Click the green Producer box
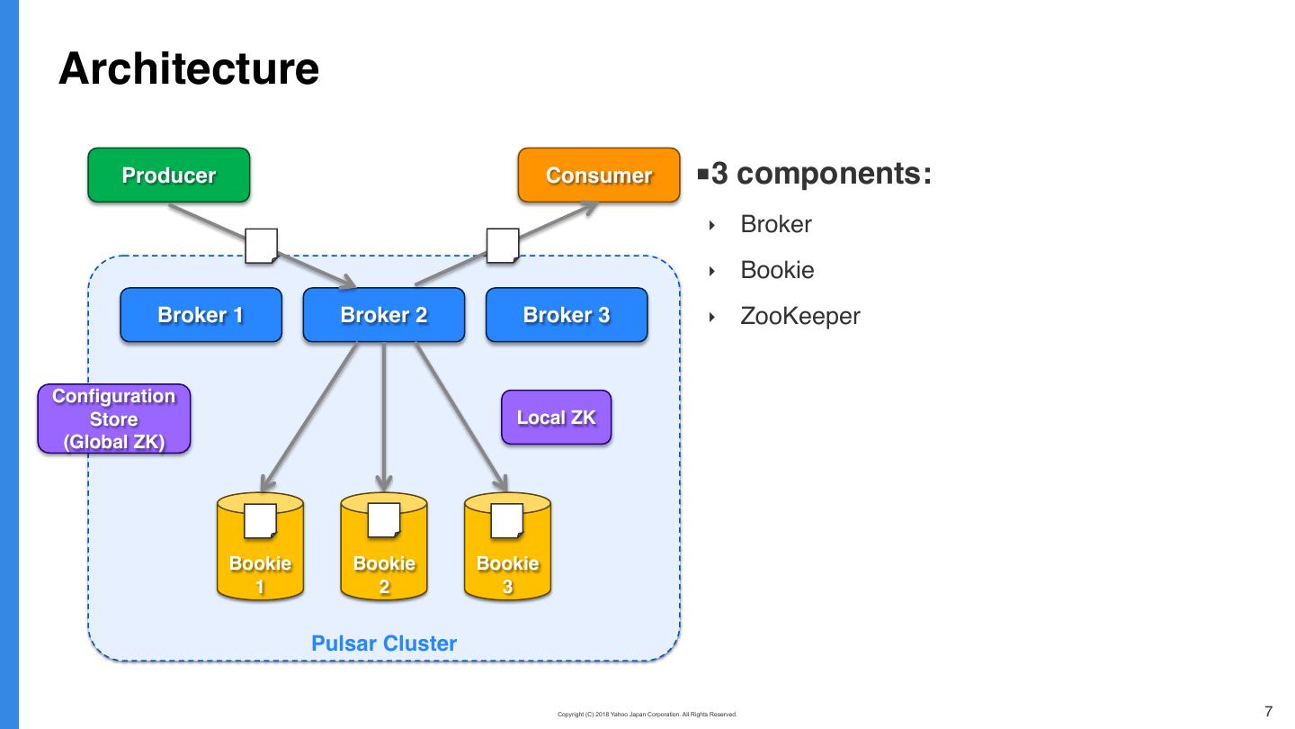tap(168, 175)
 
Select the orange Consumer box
tap(599, 175)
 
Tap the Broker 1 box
tap(201, 315)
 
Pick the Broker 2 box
tap(384, 315)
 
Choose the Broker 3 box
tap(567, 315)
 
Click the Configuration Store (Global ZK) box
tap(114, 419)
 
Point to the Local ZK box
tap(556, 418)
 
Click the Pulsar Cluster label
tap(384, 643)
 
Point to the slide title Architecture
tap(189, 69)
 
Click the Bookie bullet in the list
tap(777, 270)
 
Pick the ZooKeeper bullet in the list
tap(800, 316)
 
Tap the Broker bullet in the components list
tap(776, 224)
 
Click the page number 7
tap(1269, 712)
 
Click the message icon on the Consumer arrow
tap(503, 246)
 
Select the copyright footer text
tap(647, 715)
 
